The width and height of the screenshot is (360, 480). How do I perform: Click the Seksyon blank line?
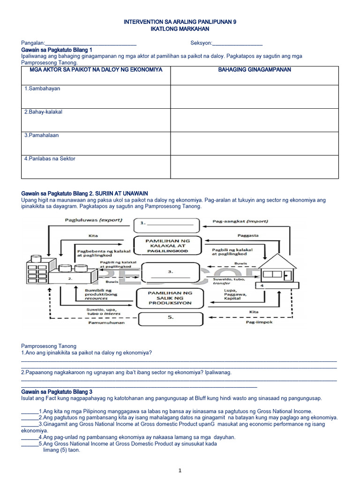coord(237,44)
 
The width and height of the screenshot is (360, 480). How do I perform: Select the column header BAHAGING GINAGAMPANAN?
coord(254,70)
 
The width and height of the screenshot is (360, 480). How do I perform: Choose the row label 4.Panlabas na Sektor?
coord(50,159)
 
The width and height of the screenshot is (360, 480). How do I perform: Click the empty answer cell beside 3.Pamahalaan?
coord(254,143)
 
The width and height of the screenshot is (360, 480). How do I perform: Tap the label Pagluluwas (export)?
coord(90,220)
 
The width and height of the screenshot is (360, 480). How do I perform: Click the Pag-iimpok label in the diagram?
coord(258,323)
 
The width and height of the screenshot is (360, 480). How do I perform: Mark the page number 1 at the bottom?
coord(180,470)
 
